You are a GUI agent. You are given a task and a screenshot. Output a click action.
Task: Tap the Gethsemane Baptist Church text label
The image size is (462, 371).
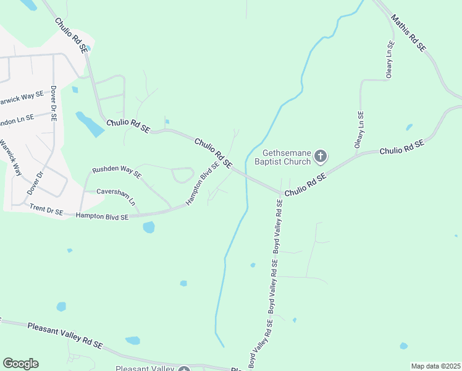[286, 158]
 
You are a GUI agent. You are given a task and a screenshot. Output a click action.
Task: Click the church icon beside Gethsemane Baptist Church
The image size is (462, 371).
[320, 156]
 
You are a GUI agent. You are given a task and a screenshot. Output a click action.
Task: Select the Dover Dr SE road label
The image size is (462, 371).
[54, 103]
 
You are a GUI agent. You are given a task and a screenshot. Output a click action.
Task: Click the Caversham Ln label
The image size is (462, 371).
[116, 197]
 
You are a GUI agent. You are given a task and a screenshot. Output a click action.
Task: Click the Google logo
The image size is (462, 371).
[20, 364]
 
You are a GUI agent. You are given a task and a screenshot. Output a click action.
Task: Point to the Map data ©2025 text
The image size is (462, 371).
[435, 366]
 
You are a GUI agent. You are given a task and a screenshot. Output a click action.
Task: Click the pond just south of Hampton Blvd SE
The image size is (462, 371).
[149, 228]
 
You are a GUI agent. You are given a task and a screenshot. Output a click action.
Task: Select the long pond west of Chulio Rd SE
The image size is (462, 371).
[90, 124]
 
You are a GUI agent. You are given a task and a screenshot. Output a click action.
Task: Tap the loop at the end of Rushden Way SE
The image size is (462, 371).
[183, 176]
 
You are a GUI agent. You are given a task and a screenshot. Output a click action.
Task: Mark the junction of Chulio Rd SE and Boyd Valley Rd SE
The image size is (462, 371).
[280, 191]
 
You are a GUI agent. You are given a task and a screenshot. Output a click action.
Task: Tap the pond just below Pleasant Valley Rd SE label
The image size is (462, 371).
[133, 341]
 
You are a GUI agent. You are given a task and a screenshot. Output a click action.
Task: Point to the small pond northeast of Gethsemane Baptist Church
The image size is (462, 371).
[409, 127]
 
